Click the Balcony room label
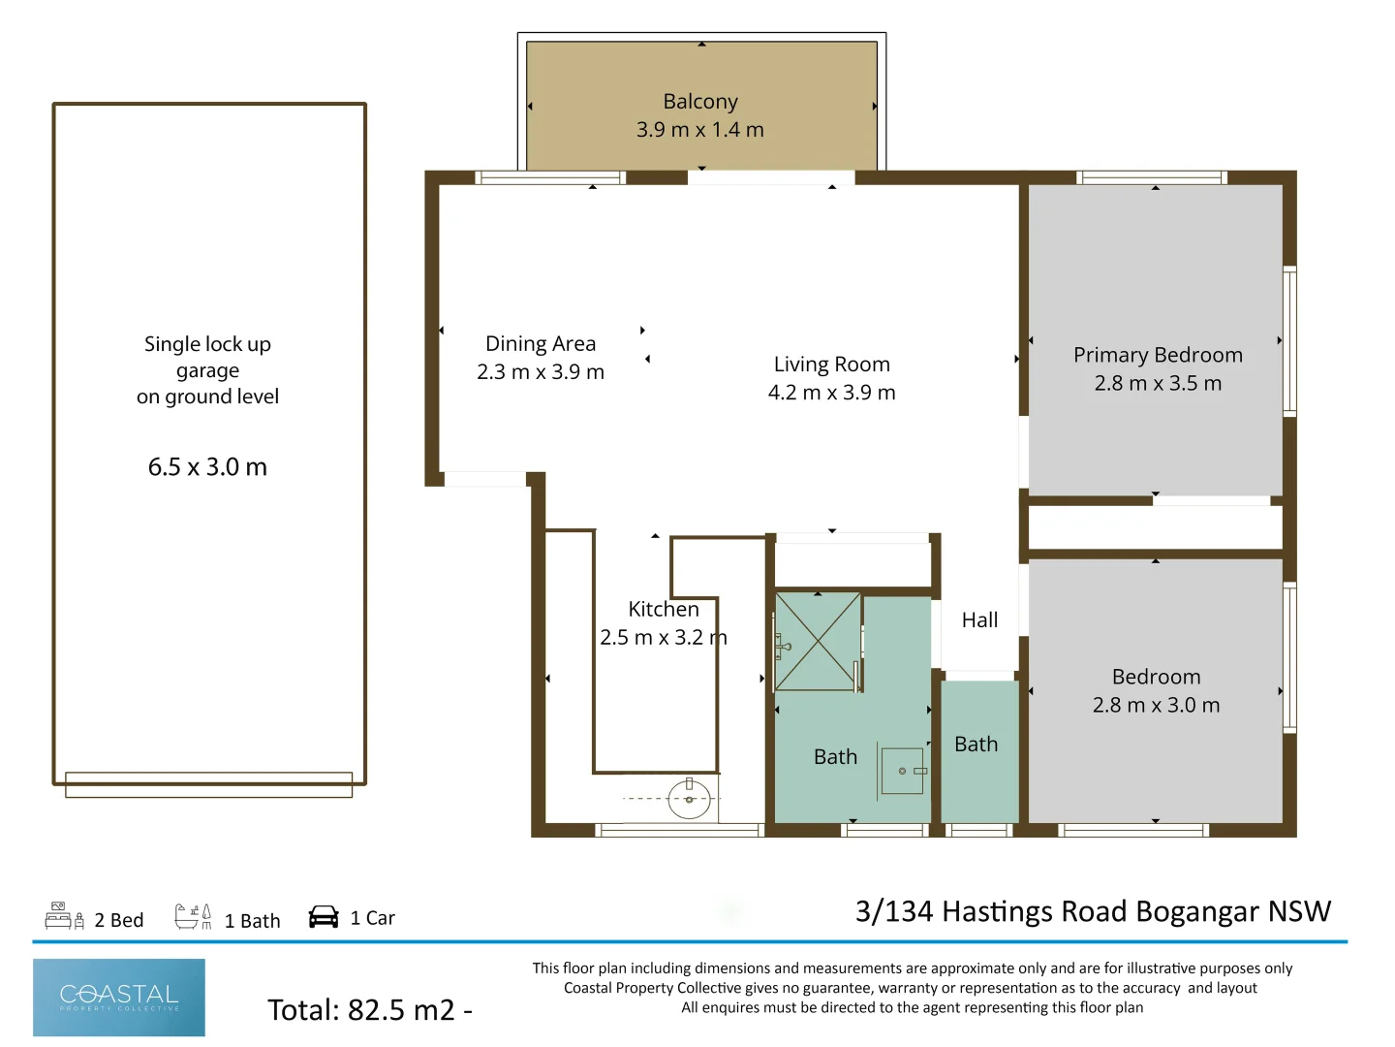(700, 102)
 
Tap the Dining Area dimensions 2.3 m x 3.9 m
(541, 372)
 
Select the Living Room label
(831, 365)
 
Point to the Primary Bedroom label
(1158, 355)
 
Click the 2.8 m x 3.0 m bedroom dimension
(1156, 705)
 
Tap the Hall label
(979, 620)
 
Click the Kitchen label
(664, 609)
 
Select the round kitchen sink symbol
(690, 800)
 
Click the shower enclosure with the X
(818, 641)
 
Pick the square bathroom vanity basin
(903, 771)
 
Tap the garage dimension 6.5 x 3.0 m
(207, 467)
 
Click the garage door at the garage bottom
(208, 784)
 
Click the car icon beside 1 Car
(324, 917)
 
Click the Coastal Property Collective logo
(119, 998)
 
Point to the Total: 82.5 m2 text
(370, 1010)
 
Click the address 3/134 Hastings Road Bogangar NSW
(1093, 911)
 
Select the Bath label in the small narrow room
(976, 745)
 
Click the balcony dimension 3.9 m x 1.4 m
(700, 130)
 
